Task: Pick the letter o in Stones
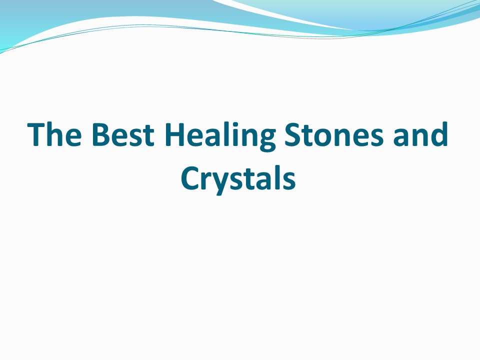(x=330, y=138)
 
